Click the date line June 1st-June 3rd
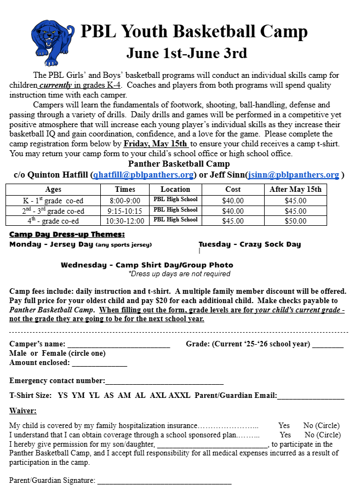click(186, 53)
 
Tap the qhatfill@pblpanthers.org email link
click(143, 175)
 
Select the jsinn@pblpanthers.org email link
click(293, 175)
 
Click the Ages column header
click(53, 189)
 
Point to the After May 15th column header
click(295, 189)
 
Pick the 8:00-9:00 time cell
click(125, 201)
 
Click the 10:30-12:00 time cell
click(125, 221)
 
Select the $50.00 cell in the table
click(295, 221)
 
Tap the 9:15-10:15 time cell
click(125, 211)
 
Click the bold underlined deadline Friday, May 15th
click(156, 144)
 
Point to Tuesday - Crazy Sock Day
click(249, 244)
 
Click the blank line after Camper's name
click(118, 345)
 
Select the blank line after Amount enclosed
click(99, 363)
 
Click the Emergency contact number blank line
click(164, 381)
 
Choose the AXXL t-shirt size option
click(179, 395)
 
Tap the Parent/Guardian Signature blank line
click(164, 481)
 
